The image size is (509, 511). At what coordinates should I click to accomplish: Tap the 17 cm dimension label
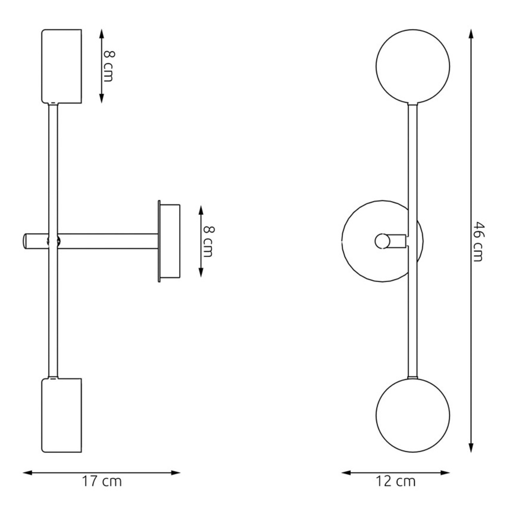102,481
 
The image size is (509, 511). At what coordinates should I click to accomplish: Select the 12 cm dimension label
396,481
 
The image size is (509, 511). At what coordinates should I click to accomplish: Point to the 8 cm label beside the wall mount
208,241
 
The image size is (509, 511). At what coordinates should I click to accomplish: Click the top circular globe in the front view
413,66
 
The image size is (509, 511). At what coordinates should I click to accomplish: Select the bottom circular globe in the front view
413,415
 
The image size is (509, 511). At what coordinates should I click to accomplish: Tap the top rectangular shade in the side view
62,66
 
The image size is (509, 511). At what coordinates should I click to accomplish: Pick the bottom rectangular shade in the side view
62,415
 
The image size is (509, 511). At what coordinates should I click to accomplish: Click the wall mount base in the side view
169,241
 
